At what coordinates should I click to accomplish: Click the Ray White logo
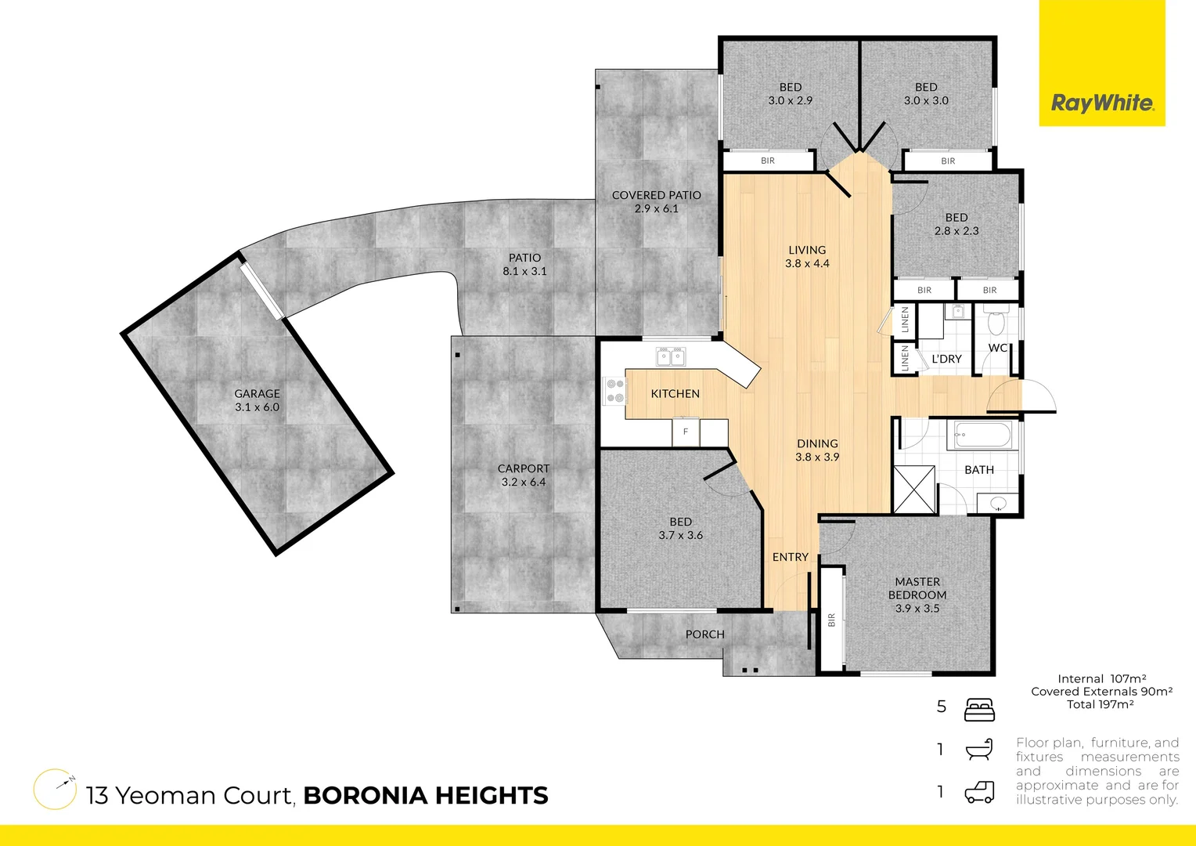coord(1101,103)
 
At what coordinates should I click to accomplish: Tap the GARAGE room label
coord(257,394)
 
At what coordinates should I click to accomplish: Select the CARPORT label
coord(524,468)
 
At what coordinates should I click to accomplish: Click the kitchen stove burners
coord(615,391)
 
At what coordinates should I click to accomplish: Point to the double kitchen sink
coord(671,357)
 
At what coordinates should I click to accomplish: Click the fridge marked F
coord(686,432)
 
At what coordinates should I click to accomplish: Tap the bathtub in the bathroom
coord(983,435)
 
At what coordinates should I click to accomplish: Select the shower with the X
coord(915,490)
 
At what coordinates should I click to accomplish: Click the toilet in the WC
coord(996,322)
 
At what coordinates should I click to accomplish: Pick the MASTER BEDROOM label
coord(917,588)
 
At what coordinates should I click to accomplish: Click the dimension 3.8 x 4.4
coord(807,264)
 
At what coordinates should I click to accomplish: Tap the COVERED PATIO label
coord(656,195)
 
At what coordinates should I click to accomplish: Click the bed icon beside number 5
coord(979,709)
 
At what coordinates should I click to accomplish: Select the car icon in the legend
coord(979,792)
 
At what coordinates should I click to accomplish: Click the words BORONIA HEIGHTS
coord(425,796)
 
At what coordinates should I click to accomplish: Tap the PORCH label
coord(704,634)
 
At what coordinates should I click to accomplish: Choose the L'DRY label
coord(946,359)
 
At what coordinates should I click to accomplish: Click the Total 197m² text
coord(1100,704)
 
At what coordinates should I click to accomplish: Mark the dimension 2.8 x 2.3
coord(956,231)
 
